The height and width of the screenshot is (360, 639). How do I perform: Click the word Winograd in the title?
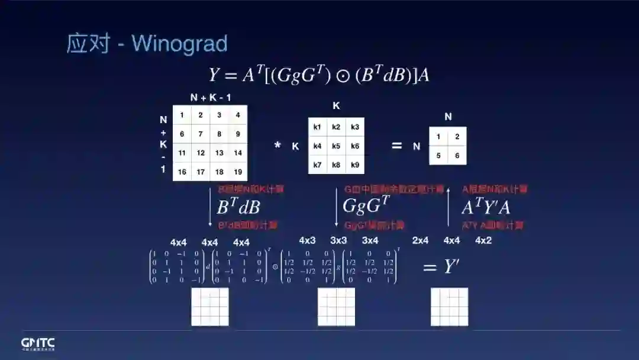(179, 44)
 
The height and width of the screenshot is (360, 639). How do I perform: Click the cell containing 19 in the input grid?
(238, 172)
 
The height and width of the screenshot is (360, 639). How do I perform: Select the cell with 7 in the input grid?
(201, 134)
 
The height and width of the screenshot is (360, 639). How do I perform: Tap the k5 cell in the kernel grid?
(336, 146)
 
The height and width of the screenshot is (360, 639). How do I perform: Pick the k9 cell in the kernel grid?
(355, 165)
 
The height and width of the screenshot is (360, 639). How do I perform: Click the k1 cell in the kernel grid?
(317, 127)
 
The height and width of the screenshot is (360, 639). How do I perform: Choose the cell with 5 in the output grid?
(438, 155)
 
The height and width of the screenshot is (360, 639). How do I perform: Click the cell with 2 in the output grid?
(457, 137)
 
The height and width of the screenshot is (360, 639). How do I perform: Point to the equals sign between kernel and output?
(396, 146)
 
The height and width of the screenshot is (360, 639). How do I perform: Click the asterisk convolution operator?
(277, 145)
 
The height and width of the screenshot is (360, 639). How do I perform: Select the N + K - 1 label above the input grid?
(210, 98)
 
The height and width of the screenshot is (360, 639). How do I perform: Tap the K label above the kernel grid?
(336, 107)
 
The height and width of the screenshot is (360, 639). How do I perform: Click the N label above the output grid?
(448, 117)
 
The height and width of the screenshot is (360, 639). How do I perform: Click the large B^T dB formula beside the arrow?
(238, 207)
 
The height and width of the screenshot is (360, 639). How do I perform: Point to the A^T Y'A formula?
(486, 207)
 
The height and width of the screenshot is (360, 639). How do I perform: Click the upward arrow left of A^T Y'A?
(448, 207)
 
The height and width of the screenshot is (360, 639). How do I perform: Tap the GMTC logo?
(38, 343)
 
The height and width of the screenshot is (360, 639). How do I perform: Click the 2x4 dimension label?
(420, 241)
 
